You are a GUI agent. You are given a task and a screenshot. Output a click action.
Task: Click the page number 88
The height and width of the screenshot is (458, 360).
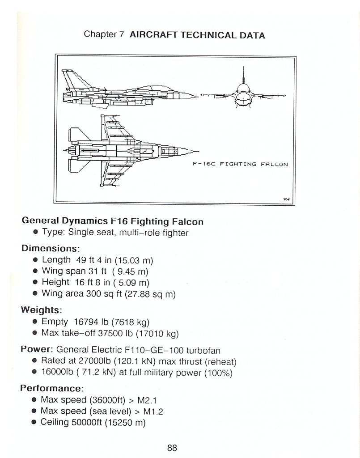(172, 448)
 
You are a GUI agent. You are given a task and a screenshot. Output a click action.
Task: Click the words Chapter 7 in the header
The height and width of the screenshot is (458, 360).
(104, 35)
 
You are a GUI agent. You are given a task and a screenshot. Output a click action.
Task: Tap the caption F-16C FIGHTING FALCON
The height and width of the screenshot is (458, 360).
(240, 164)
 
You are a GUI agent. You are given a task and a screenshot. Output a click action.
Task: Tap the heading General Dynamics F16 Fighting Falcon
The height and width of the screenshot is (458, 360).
(112, 221)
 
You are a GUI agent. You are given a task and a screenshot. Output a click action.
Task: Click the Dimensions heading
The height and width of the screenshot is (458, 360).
(50, 248)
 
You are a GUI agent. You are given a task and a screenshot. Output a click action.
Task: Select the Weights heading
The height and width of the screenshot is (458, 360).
(41, 310)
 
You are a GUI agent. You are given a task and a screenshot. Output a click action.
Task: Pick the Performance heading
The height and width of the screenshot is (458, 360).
(51, 388)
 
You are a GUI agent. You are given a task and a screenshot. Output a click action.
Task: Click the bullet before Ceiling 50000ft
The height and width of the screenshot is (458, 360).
(34, 422)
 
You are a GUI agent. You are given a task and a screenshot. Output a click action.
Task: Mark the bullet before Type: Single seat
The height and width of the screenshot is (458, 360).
(35, 233)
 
